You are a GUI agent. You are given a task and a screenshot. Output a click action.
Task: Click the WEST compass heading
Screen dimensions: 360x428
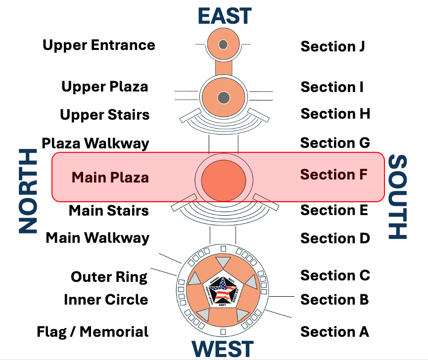point(223,349)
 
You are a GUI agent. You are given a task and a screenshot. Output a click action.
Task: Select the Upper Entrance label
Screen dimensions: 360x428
point(99,45)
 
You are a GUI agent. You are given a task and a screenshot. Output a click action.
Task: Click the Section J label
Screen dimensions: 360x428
point(333,46)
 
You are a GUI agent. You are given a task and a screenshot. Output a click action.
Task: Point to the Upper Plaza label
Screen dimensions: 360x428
point(104,87)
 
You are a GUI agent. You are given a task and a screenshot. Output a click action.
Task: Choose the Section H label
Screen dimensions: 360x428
point(335,114)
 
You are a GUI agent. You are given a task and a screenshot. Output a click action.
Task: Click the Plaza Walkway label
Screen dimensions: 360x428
point(95,143)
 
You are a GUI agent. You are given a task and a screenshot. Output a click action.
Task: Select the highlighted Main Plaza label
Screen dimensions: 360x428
point(110,177)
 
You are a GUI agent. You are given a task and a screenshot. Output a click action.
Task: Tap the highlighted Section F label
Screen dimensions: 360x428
point(333,175)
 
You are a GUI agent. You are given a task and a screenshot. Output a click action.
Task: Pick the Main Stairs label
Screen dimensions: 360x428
point(108,210)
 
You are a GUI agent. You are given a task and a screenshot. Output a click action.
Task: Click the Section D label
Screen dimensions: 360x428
point(335,238)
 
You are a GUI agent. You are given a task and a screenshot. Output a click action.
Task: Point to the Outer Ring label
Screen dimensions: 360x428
point(109,277)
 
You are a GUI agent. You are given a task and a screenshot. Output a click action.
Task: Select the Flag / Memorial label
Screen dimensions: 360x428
point(93,331)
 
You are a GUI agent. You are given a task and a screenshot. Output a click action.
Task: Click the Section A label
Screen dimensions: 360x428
point(334,331)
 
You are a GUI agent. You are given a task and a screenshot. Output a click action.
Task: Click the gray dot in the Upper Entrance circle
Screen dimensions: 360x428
point(223,45)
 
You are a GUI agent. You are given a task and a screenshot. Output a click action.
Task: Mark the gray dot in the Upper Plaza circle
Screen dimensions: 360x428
point(223,97)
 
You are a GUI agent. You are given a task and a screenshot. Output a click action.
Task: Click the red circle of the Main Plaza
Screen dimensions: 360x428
point(223,178)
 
